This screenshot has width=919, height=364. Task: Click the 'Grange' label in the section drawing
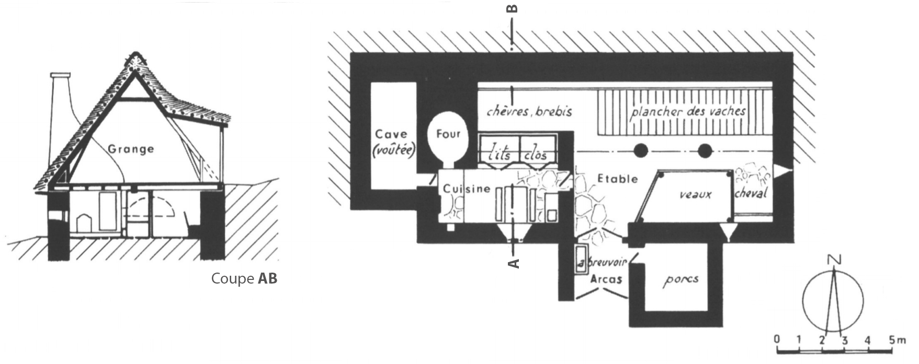pyautogui.click(x=131, y=149)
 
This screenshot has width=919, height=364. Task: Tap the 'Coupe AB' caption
pyautogui.click(x=244, y=278)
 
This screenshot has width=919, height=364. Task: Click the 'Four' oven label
pyautogui.click(x=448, y=134)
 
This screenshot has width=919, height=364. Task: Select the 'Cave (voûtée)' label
pyautogui.click(x=394, y=143)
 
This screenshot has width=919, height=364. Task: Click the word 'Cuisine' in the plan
pyautogui.click(x=467, y=189)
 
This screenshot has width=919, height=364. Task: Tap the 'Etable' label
pyautogui.click(x=617, y=179)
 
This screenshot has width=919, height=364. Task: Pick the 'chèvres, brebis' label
pyautogui.click(x=529, y=111)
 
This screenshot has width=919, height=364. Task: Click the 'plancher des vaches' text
pyautogui.click(x=687, y=111)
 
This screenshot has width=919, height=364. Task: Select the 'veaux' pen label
pyautogui.click(x=695, y=194)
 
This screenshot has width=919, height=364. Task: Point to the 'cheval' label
pyautogui.click(x=751, y=193)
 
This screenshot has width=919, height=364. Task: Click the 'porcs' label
pyautogui.click(x=680, y=280)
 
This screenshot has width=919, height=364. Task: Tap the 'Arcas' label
pyautogui.click(x=606, y=279)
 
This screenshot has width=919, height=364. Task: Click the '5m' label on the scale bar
pyautogui.click(x=897, y=340)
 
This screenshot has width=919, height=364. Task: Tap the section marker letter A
pyautogui.click(x=514, y=263)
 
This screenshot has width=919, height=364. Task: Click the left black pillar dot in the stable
pyautogui.click(x=640, y=151)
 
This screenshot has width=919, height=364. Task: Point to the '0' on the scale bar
pyautogui.click(x=777, y=340)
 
